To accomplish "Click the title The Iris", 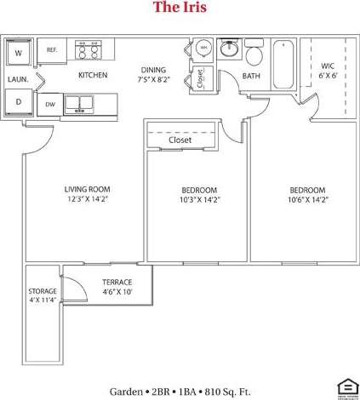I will (x=180, y=9).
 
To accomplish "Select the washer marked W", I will (x=19, y=53).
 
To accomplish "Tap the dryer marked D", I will (x=19, y=102).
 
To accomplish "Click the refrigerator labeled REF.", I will (x=53, y=51).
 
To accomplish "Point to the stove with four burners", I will (x=89, y=51).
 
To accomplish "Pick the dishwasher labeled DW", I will (x=50, y=106).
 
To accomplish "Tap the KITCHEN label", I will (x=92, y=76).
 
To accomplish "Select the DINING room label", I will (x=153, y=70).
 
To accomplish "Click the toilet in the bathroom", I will (x=253, y=56).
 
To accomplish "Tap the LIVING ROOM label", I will (x=88, y=189).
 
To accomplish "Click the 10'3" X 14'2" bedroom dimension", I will (x=199, y=199).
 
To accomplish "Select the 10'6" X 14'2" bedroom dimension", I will (x=307, y=199).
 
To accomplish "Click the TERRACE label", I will (x=117, y=281).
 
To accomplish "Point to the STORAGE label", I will (x=43, y=291).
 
